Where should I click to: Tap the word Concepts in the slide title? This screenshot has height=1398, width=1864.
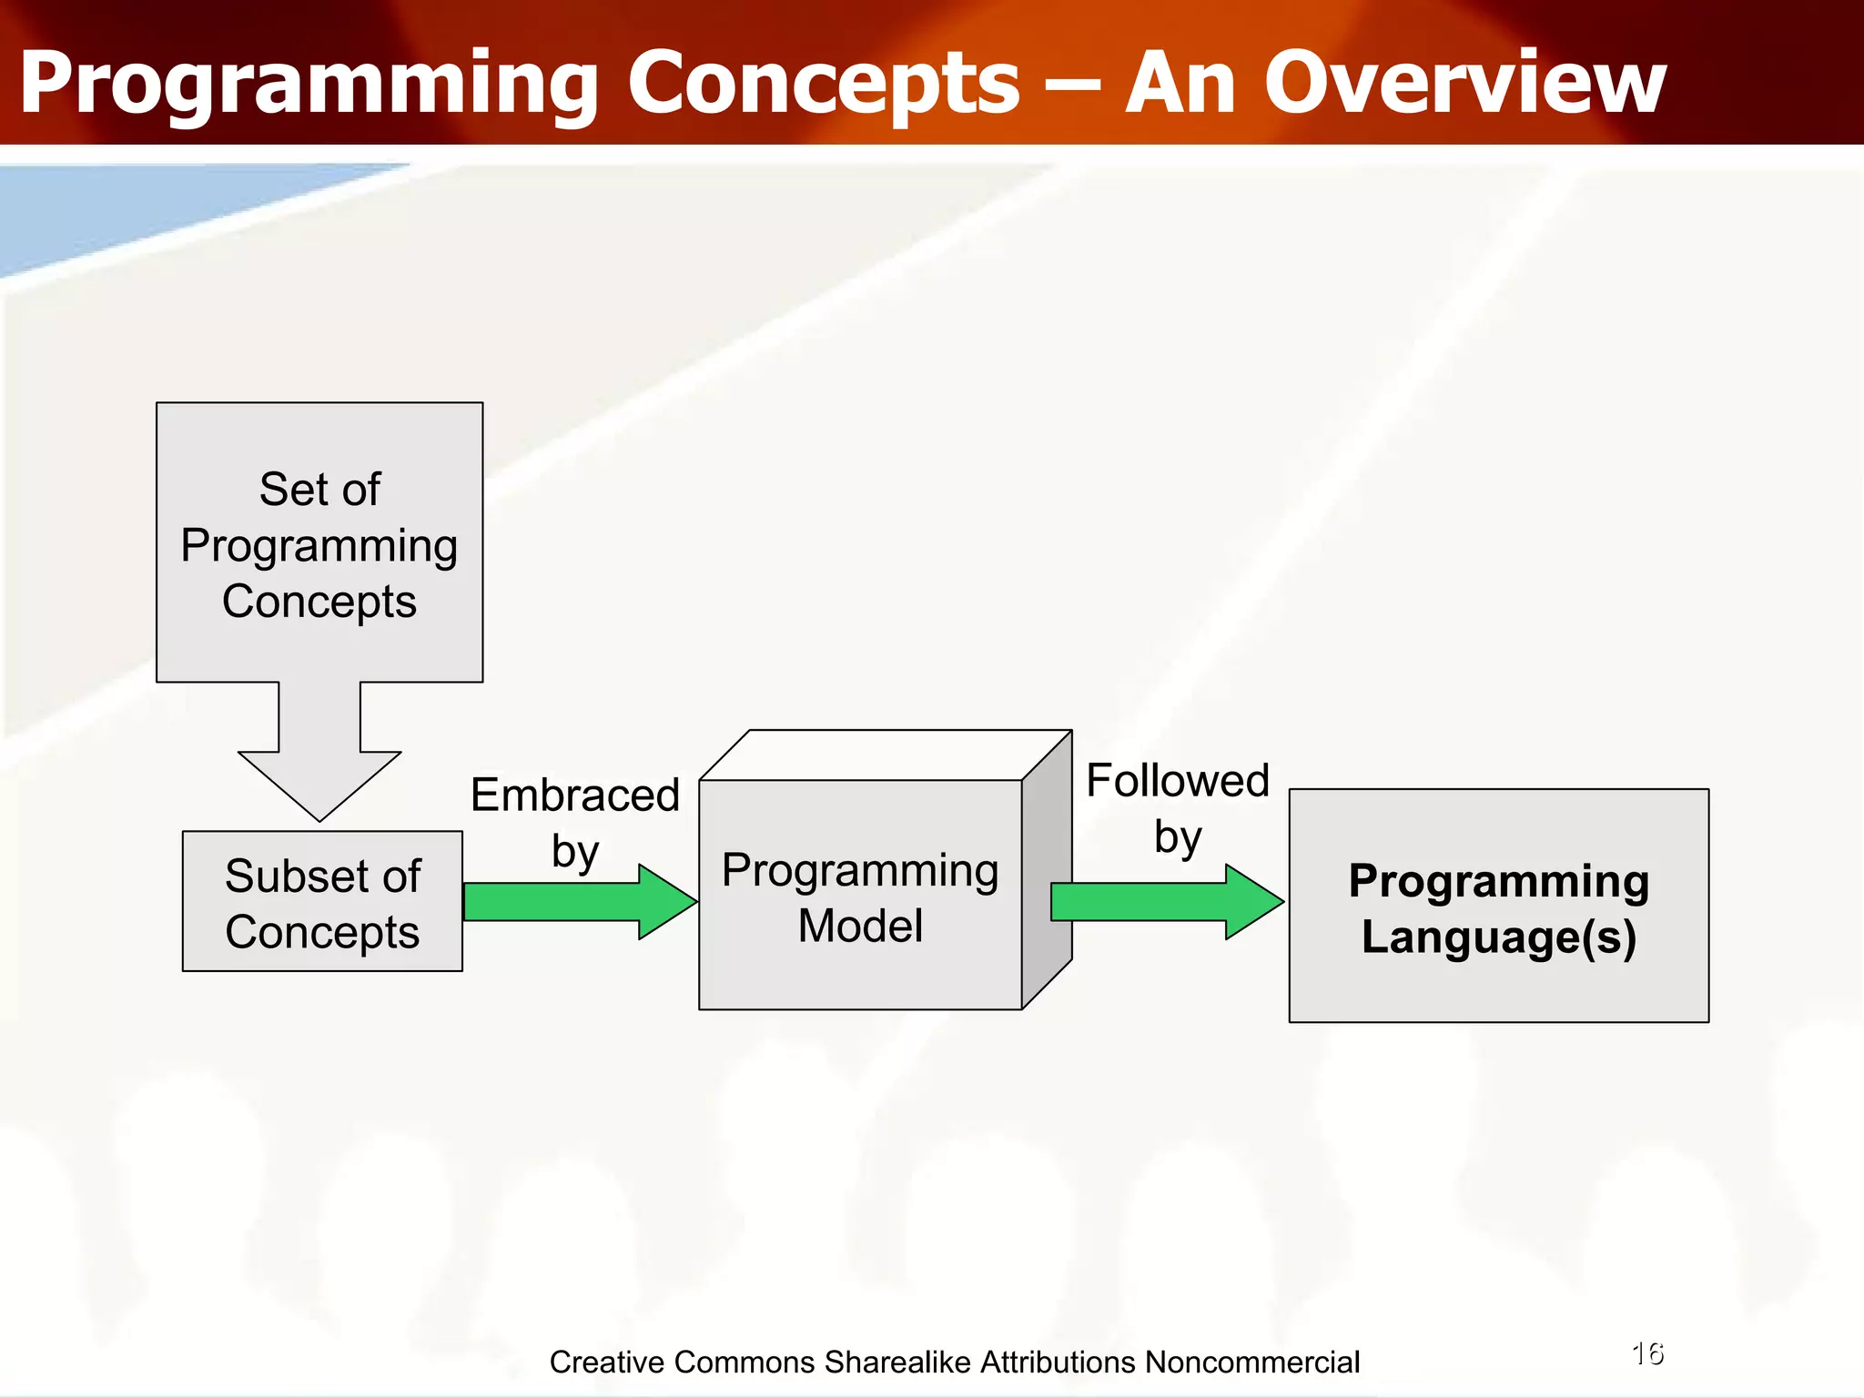coord(824,84)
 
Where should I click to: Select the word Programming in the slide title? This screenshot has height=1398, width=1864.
coord(309,84)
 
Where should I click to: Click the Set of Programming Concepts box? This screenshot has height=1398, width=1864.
coord(319,542)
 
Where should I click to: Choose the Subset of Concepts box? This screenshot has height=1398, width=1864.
coord(322,902)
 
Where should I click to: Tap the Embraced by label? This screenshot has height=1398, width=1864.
coord(575,821)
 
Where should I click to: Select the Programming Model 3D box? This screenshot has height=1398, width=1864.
coord(860,897)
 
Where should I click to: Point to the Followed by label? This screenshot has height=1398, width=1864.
coord(1178,807)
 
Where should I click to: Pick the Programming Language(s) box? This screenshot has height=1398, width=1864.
coord(1499,907)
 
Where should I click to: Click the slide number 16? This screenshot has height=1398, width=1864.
coord(1648,1353)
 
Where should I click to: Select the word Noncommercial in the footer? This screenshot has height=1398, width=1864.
coord(1252,1363)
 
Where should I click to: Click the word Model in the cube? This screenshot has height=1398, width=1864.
coord(860,927)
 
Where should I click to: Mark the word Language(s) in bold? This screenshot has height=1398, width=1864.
coord(1499,937)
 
